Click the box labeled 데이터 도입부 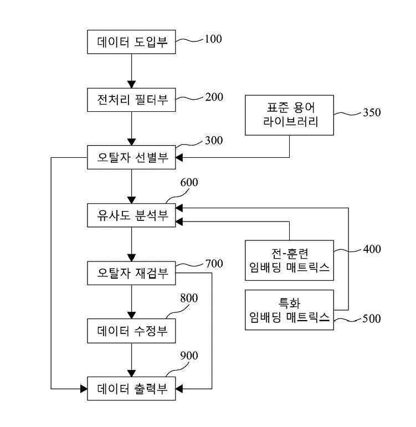click(x=131, y=42)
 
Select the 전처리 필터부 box click(x=131, y=100)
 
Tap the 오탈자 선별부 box click(x=131, y=157)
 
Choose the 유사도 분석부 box click(x=131, y=215)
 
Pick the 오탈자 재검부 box click(x=131, y=273)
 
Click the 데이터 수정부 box click(x=131, y=331)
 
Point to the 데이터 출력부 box click(x=131, y=389)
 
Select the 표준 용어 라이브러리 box click(x=289, y=115)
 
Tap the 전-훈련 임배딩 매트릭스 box click(x=289, y=260)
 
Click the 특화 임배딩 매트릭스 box click(x=289, y=310)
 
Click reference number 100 click(x=213, y=39)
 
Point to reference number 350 click(x=372, y=112)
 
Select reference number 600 click(x=189, y=182)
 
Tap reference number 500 click(x=372, y=318)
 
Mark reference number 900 click(x=189, y=356)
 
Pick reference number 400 click(x=372, y=249)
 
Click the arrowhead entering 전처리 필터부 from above click(x=132, y=84)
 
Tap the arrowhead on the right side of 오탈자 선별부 click(x=179, y=157)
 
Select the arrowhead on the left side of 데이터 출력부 click(x=84, y=389)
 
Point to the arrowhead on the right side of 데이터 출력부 click(x=179, y=389)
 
